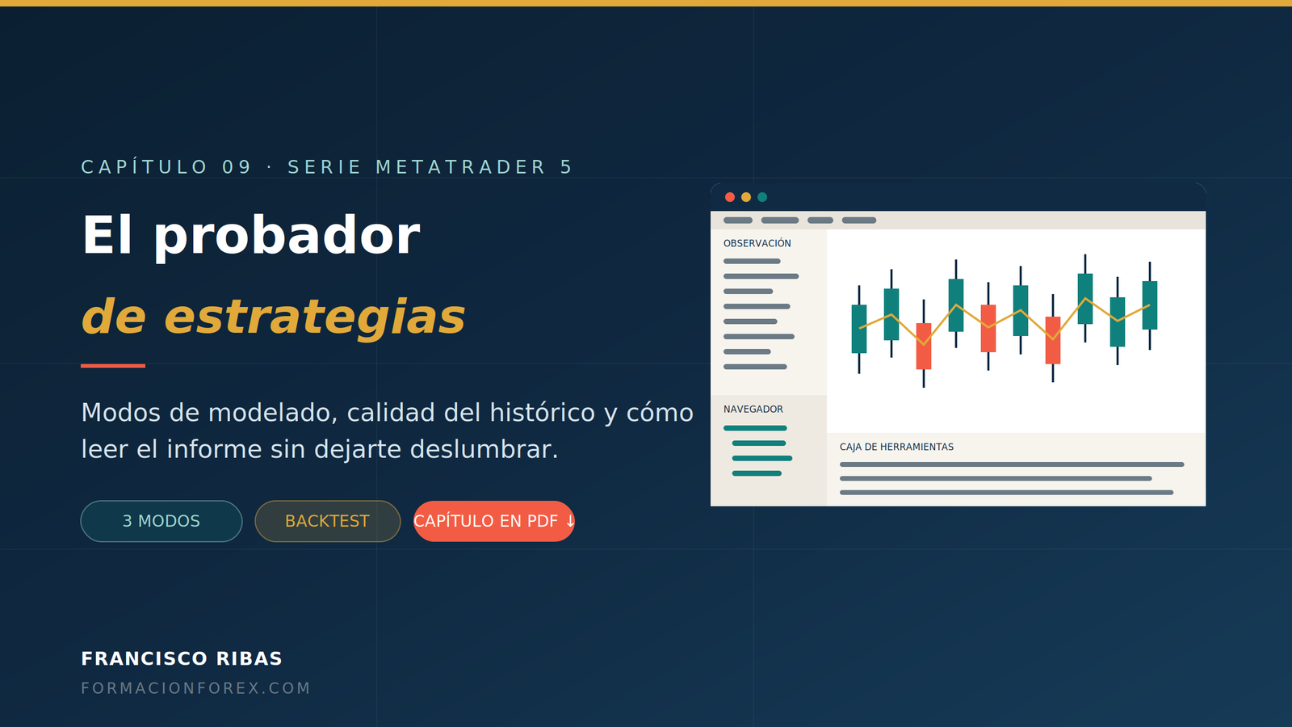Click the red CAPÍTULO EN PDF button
[x=493, y=521]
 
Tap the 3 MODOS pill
[x=161, y=521]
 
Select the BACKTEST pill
[x=328, y=521]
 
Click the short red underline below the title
[x=113, y=366]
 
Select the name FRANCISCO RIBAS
[x=182, y=658]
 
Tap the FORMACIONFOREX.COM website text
[x=195, y=688]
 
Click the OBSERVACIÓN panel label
[x=757, y=243]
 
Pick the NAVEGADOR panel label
[x=753, y=409]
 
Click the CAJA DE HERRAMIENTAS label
[x=896, y=447]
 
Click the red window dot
[x=730, y=197]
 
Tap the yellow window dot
[x=746, y=197]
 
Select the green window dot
[x=762, y=197]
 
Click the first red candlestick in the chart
[x=924, y=347]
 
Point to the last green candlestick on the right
[x=1150, y=305]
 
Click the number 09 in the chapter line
[x=237, y=167]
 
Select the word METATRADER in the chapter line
[x=460, y=167]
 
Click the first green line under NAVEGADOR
[x=755, y=428]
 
